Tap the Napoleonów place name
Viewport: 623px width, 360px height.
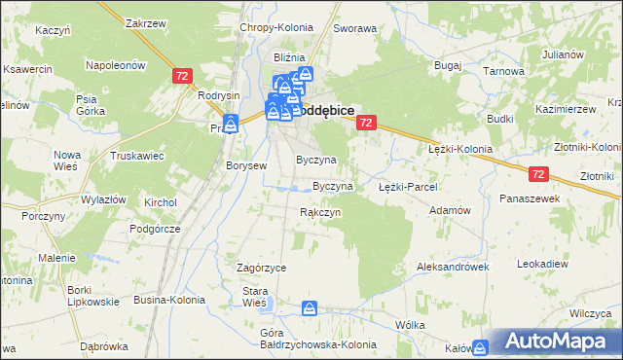[x=116, y=65]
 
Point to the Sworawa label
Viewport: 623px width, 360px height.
[x=355, y=29]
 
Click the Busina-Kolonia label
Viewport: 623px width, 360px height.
[x=169, y=300]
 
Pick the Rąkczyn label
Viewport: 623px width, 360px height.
[x=319, y=212]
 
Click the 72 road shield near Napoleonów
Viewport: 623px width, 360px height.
[x=181, y=75]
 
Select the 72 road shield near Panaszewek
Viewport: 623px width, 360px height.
[x=540, y=173]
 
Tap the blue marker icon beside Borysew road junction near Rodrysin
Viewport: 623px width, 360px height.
[x=231, y=125]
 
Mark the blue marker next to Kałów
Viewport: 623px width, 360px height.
[x=479, y=347]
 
